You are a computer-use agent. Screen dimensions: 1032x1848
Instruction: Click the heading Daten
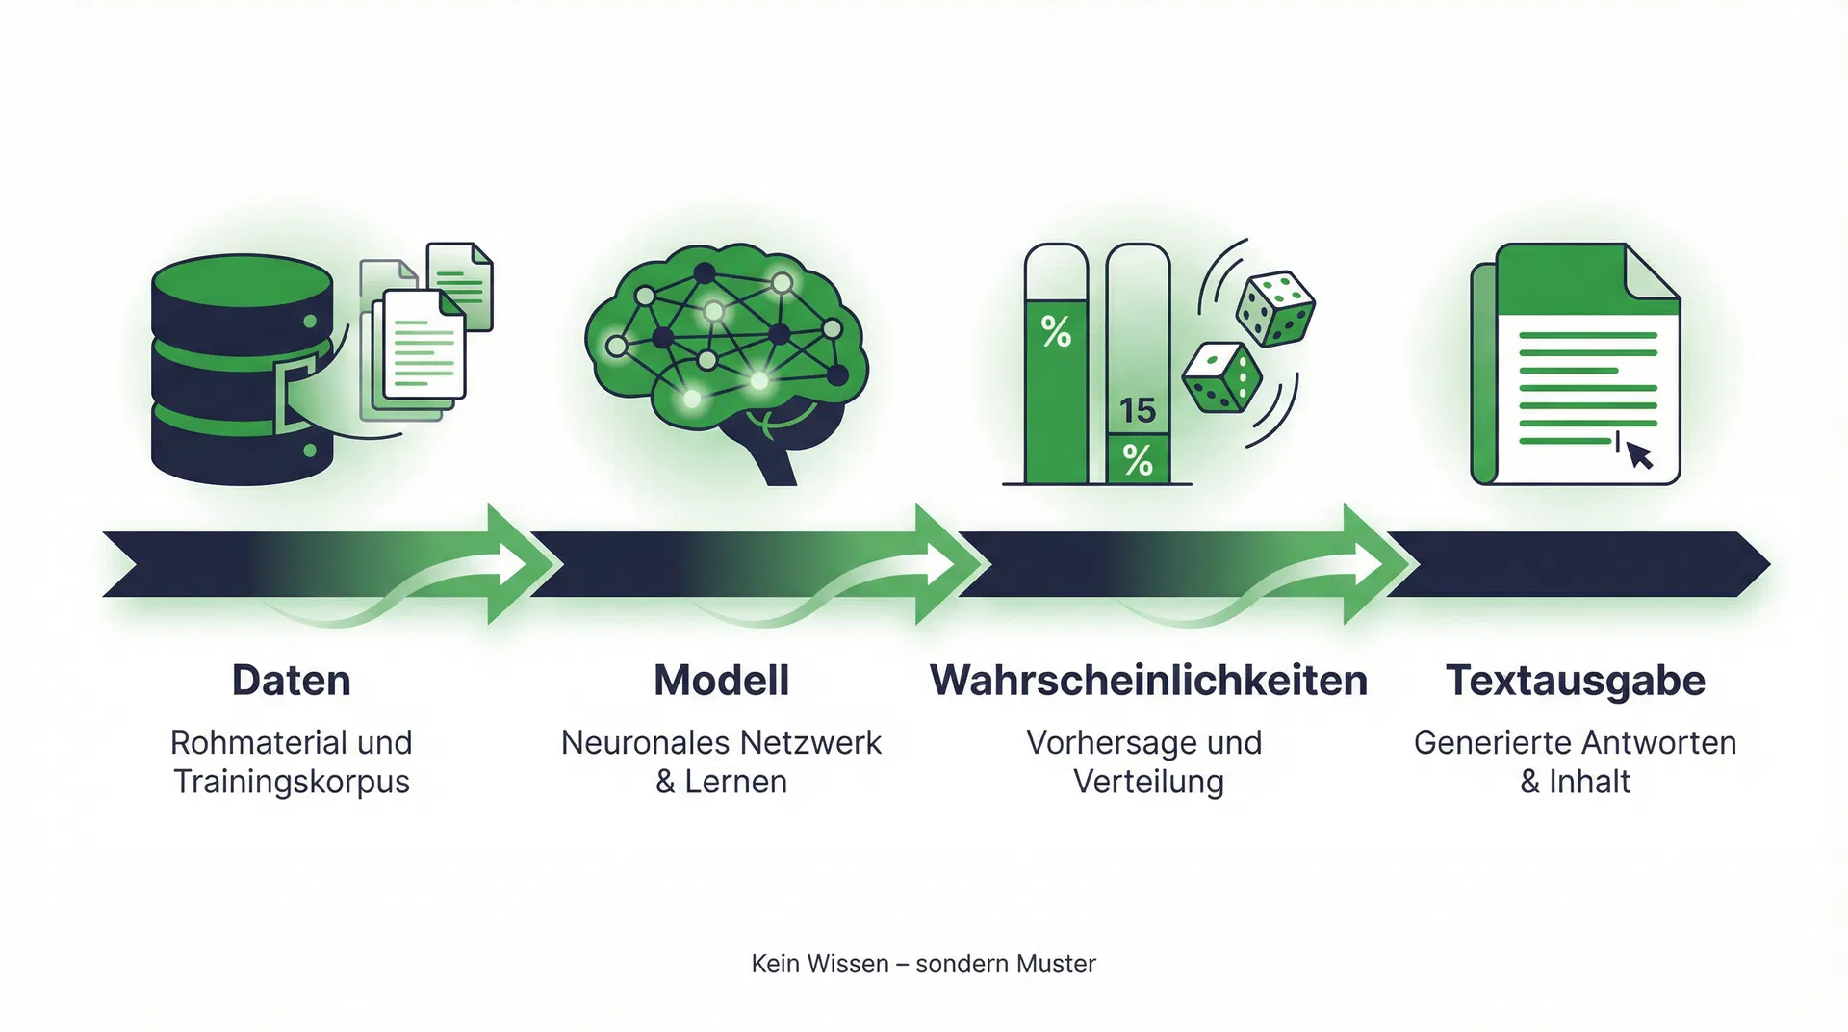291,681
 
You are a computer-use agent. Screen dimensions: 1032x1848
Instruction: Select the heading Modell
721,681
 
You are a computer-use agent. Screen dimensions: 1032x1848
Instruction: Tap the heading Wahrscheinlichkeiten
1148,681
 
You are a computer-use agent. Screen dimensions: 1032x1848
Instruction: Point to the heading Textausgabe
1576,681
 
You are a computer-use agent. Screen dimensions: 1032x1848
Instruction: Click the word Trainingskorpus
291,782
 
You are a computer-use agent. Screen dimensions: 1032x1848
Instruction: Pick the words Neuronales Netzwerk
721,742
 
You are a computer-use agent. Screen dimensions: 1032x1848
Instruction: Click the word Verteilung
1148,782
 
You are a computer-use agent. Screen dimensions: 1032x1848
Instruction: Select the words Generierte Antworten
1576,742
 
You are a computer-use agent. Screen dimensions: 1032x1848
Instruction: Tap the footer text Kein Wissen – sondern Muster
923,964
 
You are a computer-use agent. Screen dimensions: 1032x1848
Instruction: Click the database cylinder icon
241,371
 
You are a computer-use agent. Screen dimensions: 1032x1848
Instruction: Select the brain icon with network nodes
727,356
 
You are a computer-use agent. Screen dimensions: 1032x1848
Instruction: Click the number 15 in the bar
1137,411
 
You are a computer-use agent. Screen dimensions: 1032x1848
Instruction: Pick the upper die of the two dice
1274,308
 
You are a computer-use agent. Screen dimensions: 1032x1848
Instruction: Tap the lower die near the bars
1220,377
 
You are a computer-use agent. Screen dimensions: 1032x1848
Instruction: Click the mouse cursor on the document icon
1639,454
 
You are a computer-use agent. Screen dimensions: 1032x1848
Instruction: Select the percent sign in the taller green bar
1056,333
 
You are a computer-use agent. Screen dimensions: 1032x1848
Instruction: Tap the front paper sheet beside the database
423,347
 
